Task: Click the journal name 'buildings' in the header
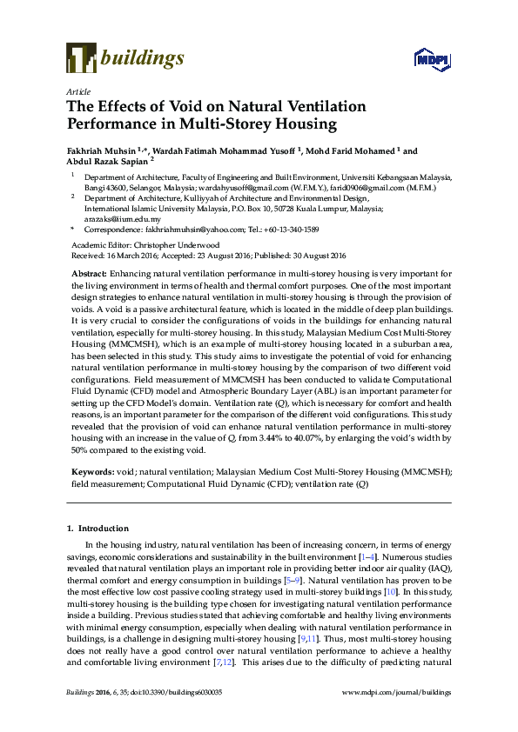[143, 58]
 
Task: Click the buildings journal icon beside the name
[81, 58]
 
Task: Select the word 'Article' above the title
[79, 90]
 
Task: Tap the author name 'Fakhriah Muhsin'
[99, 150]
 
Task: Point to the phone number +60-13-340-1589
[290, 230]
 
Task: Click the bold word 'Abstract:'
[90, 274]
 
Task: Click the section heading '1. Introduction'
[98, 528]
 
